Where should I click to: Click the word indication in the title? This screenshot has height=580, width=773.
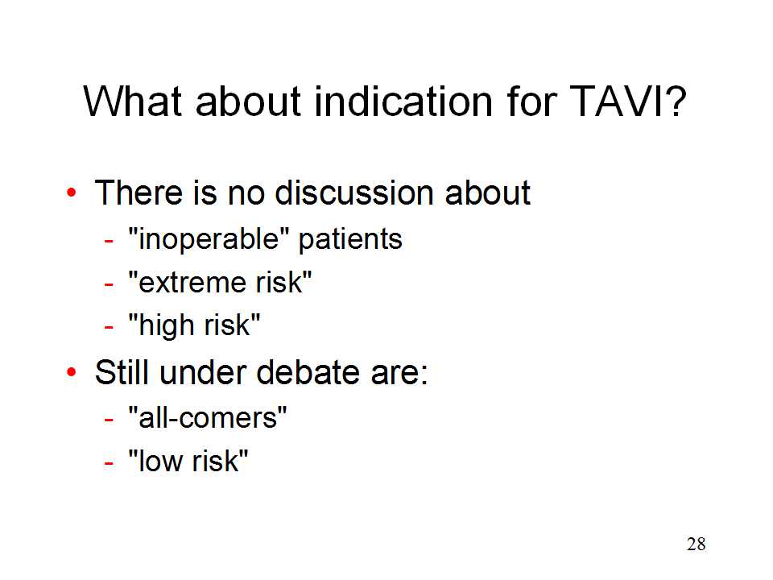403,101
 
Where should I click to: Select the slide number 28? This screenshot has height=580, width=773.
696,544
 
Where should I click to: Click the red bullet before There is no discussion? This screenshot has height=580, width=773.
72,193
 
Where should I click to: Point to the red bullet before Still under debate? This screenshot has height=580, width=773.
72,372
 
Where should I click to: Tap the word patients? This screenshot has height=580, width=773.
350,240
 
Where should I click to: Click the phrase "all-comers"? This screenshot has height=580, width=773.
208,418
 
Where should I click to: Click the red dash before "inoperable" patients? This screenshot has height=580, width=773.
109,241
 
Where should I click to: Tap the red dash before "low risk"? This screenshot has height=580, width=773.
109,463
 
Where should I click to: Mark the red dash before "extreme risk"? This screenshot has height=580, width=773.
109,284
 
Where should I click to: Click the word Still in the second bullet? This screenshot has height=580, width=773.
122,372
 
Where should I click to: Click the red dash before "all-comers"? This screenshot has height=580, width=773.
109,420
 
